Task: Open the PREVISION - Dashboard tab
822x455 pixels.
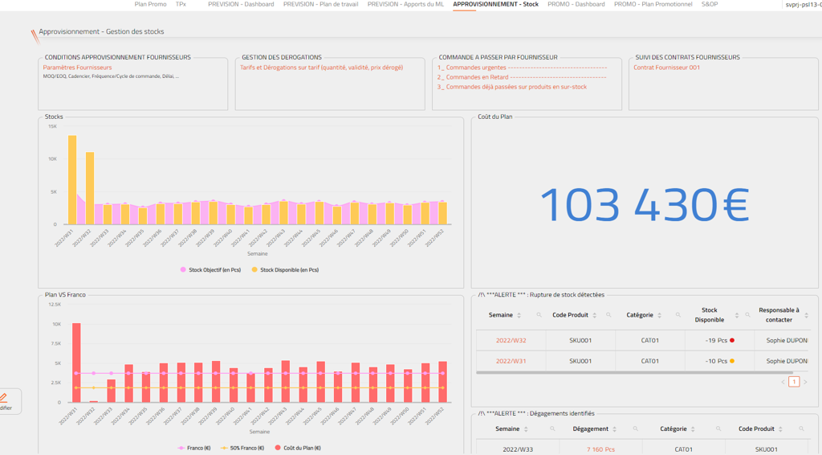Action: (241, 5)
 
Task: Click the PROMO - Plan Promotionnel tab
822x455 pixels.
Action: (653, 5)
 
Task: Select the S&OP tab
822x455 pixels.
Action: (710, 5)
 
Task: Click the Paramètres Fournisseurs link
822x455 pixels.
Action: (77, 68)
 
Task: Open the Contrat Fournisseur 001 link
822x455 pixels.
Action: (666, 68)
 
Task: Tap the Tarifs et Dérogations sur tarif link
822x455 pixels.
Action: (321, 68)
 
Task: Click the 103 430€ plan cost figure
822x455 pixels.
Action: (645, 205)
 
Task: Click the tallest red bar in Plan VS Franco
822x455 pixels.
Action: (76, 362)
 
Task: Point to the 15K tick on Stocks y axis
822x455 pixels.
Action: (52, 126)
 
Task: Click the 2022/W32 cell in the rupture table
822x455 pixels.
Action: (511, 341)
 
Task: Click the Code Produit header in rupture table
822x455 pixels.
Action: (571, 315)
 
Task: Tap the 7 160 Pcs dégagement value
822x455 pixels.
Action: (600, 449)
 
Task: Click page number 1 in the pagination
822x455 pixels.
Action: (794, 382)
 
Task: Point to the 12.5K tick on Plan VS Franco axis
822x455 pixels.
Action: (55, 305)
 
